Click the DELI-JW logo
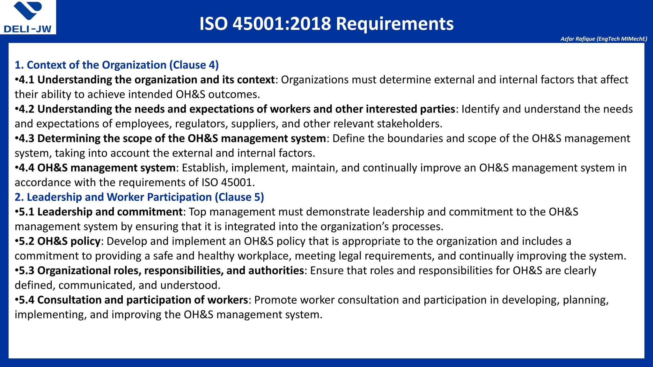pos(28,17)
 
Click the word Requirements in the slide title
pos(395,24)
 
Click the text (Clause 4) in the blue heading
pos(194,65)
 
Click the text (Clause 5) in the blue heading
pos(239,197)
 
